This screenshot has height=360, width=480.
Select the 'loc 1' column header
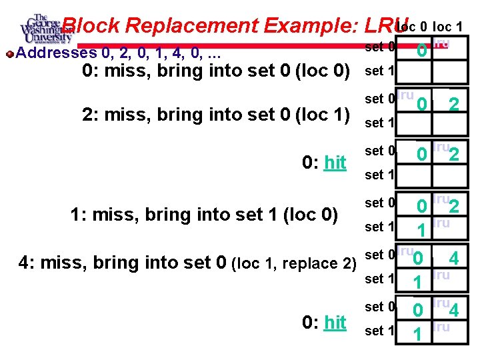click(x=449, y=27)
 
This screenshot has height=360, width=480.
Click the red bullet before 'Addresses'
click(x=8, y=52)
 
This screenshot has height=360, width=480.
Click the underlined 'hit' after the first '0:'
click(x=335, y=162)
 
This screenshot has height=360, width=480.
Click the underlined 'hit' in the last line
click(x=335, y=322)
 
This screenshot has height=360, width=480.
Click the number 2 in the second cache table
click(x=453, y=105)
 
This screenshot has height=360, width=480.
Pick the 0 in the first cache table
click(x=421, y=51)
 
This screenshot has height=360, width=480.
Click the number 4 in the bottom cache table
click(x=455, y=311)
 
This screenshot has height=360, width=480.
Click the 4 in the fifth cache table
click(x=453, y=257)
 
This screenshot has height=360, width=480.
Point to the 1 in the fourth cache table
click(x=421, y=231)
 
